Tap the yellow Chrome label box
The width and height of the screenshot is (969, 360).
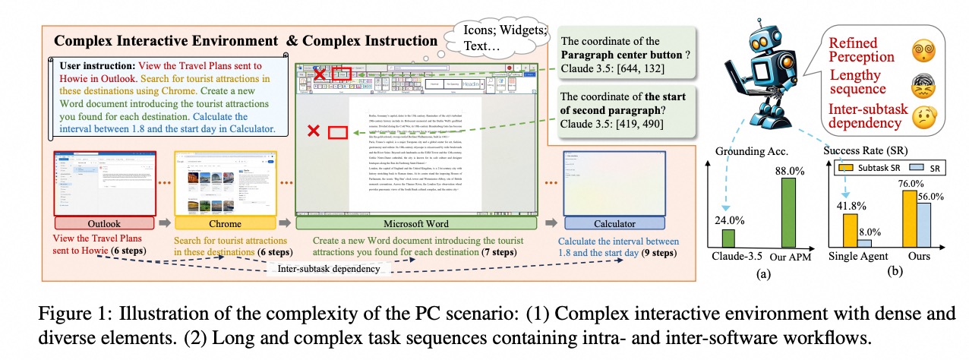point(226,224)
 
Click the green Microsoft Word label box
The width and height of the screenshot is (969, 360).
point(422,224)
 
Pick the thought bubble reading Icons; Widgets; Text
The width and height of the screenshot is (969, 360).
point(497,36)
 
